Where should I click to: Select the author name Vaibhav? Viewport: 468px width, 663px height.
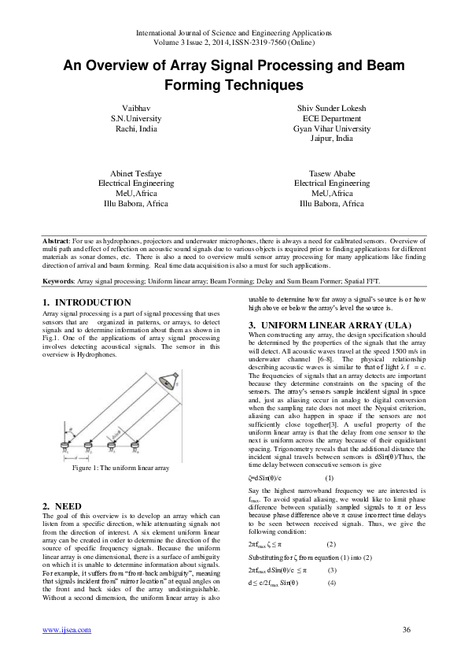coord(135,106)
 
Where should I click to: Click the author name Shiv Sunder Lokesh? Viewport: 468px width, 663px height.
coord(331,106)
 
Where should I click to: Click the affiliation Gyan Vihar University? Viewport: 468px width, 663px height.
coord(331,128)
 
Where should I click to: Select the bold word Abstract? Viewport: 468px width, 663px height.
coord(56,239)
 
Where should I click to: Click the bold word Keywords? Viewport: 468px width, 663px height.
coord(58,280)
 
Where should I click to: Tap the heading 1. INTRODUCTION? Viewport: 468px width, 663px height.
coord(87,302)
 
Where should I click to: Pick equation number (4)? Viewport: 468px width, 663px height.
coord(331,561)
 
